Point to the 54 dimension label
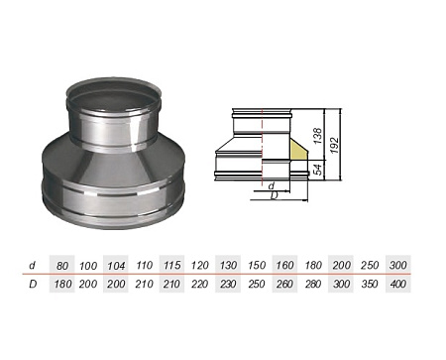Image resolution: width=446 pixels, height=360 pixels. [316, 170]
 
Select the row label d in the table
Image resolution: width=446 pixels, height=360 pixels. [34, 266]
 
